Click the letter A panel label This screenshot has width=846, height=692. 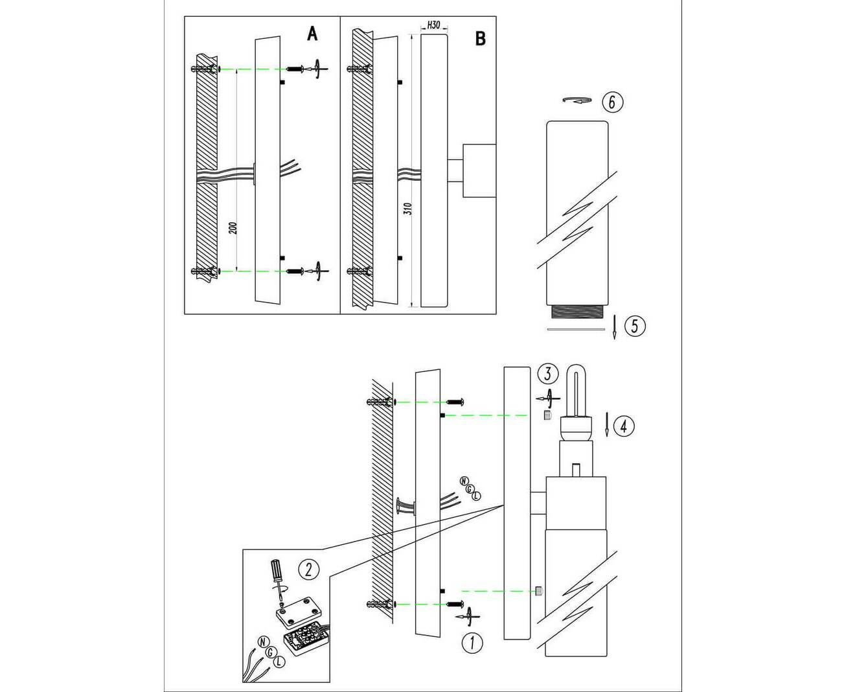click(x=312, y=34)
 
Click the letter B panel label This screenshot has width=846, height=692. click(x=480, y=39)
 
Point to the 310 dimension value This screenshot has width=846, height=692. click(x=407, y=209)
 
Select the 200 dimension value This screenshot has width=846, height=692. click(x=234, y=227)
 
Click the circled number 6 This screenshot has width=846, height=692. click(x=612, y=102)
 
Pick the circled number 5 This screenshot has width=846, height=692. click(x=635, y=325)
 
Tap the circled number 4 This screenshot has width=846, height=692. click(x=624, y=426)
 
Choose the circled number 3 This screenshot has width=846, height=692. click(x=548, y=374)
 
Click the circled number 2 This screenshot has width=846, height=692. click(x=308, y=569)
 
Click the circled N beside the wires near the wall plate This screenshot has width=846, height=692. click(x=463, y=480)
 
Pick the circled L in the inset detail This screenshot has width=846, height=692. click(x=278, y=661)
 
